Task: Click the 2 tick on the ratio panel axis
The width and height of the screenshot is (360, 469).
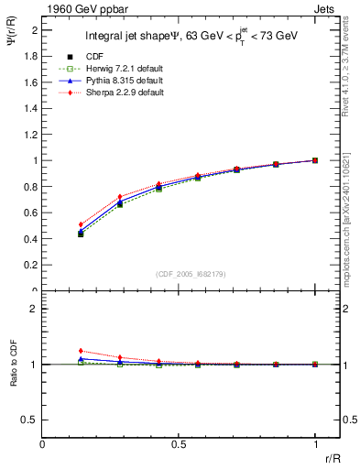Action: tap(34, 309)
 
